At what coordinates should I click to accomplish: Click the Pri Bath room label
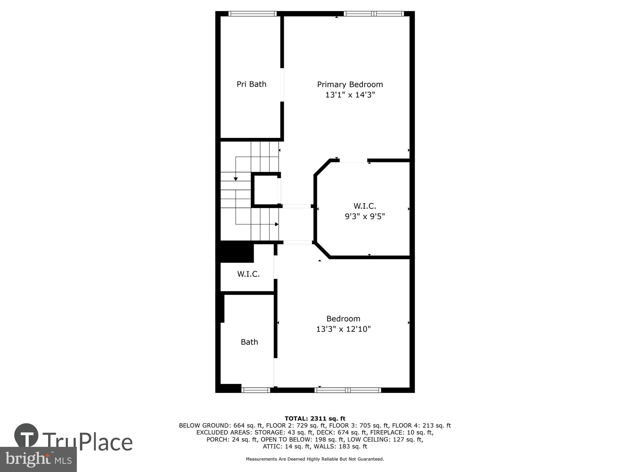click(251, 84)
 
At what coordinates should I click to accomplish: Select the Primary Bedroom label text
click(350, 84)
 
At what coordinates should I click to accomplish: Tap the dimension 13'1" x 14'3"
click(350, 95)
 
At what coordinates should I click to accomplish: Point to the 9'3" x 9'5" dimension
click(365, 216)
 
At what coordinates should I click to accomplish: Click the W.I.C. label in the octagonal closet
click(365, 206)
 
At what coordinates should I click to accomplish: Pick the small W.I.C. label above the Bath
click(248, 274)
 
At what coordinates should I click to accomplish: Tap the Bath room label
click(249, 342)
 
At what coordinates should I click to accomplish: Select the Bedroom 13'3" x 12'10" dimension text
click(343, 329)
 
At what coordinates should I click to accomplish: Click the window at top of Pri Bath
click(252, 14)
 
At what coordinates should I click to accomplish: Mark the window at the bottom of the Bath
click(256, 390)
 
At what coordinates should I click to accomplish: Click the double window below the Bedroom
click(348, 390)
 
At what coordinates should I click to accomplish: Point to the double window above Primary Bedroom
click(374, 14)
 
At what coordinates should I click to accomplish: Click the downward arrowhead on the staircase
click(236, 179)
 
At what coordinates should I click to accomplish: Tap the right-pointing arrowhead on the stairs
click(277, 224)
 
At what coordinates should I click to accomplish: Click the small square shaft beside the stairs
click(265, 189)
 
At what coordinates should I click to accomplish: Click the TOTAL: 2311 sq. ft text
click(315, 419)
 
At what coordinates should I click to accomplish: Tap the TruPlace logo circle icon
click(26, 435)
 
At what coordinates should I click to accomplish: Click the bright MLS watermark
click(38, 459)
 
